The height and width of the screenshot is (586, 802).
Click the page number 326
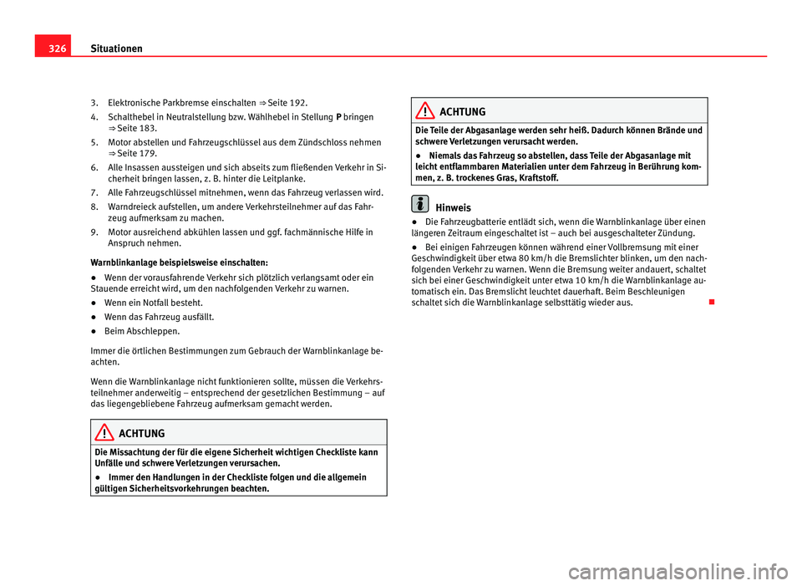pos(48,48)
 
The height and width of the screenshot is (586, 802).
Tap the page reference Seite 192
pos(291,103)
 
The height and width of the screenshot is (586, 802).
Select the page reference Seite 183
pos(131,129)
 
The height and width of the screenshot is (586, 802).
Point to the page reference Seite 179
pos(131,155)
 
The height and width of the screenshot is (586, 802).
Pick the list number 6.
pos(94,168)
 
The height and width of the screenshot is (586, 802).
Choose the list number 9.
pos(94,232)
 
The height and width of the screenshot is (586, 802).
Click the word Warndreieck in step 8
pos(133,206)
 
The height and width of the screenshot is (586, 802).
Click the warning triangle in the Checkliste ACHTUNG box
pos(107,433)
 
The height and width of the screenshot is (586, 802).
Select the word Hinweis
pos(454,207)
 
